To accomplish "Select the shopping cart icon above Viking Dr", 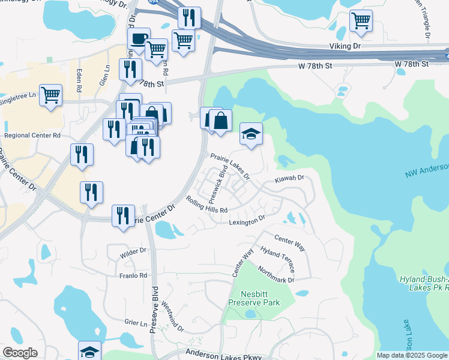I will [x=360, y=21].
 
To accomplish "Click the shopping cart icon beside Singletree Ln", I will [x=51, y=95].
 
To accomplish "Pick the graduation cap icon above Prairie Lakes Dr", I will [x=252, y=134].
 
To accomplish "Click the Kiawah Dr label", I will [x=291, y=178].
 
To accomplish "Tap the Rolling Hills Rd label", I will [x=206, y=205].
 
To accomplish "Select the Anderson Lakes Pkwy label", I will [x=224, y=356].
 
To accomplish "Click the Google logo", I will [x=20, y=353].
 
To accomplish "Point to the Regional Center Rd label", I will [x=32, y=136].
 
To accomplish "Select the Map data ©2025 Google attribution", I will [x=411, y=355].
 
